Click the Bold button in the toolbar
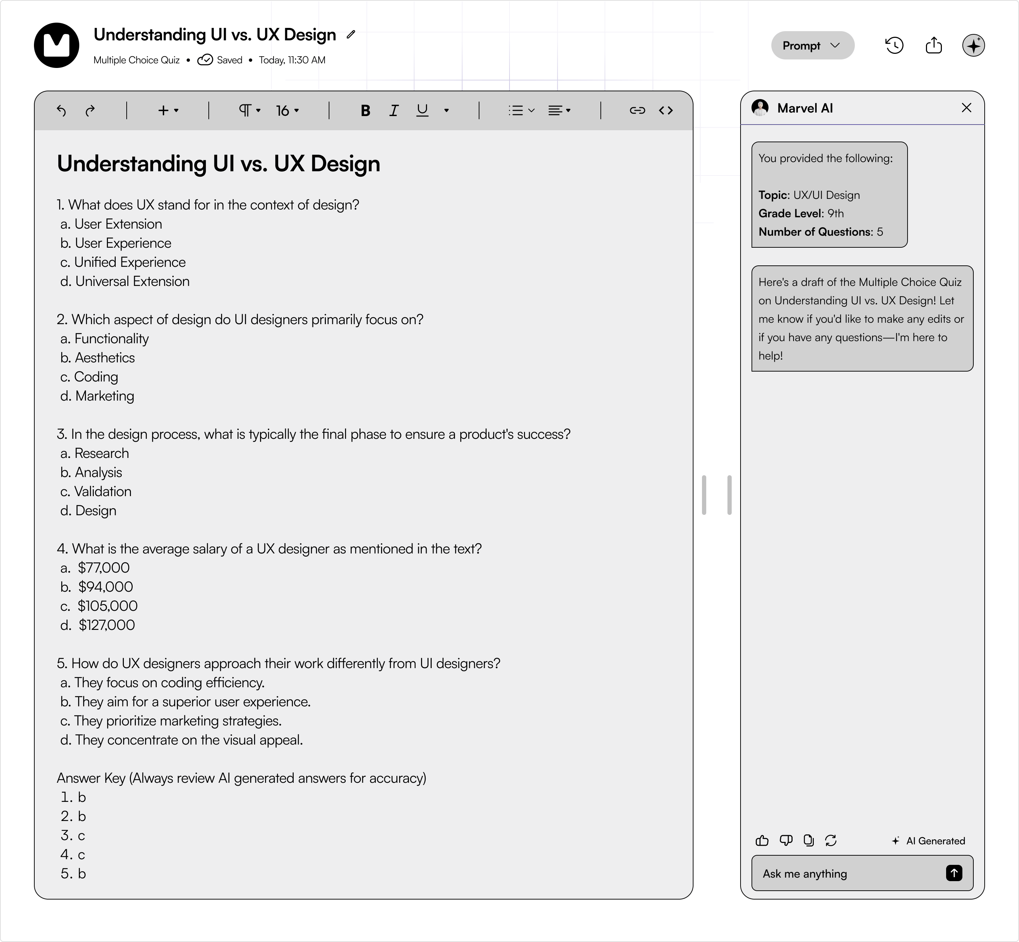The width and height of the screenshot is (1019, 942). click(x=365, y=111)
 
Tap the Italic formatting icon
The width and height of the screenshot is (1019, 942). click(x=393, y=111)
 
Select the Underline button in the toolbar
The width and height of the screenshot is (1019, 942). click(x=422, y=111)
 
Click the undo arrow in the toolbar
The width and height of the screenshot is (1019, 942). click(x=61, y=111)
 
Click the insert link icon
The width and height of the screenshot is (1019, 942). click(x=637, y=111)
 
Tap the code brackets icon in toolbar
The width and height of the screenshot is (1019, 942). click(x=666, y=111)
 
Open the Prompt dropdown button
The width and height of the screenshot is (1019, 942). click(x=812, y=45)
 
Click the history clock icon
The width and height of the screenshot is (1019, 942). click(x=894, y=45)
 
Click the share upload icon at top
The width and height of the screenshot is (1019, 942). click(x=933, y=45)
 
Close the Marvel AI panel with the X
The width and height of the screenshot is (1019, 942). click(x=966, y=108)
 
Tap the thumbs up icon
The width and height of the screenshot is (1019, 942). click(x=762, y=840)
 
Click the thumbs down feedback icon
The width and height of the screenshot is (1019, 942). click(x=785, y=840)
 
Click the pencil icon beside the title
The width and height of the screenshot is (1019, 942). click(x=351, y=35)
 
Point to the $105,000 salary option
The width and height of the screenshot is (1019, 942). click(x=107, y=606)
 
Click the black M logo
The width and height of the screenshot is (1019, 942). click(x=57, y=45)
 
